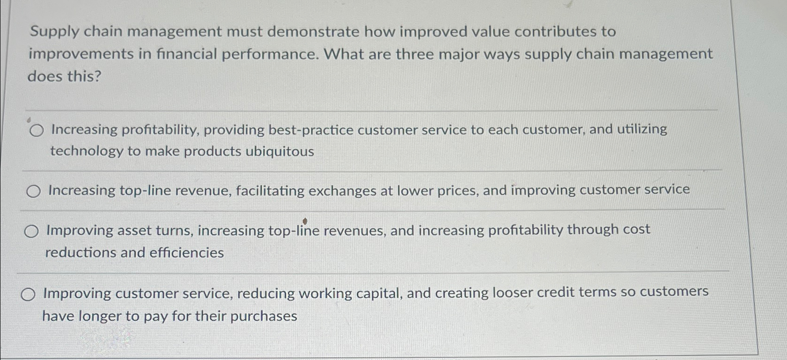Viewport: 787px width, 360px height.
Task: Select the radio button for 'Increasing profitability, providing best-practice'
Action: [36, 130]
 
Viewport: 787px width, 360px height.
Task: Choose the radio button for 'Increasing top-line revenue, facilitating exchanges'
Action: [33, 191]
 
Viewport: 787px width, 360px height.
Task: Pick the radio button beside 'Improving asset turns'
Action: [31, 231]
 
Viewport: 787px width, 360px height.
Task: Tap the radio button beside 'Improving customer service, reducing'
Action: [28, 295]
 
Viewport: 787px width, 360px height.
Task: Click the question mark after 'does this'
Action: [97, 76]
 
